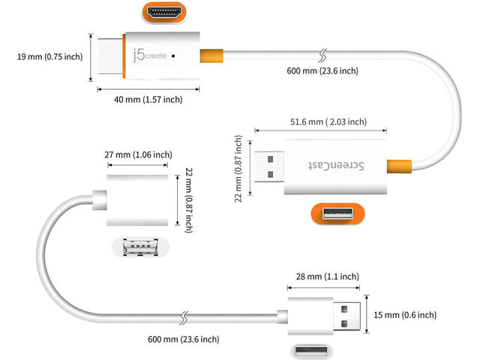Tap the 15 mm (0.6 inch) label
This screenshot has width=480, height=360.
404,315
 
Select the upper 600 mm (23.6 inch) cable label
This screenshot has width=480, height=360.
323,71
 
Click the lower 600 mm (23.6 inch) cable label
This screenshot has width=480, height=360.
184,339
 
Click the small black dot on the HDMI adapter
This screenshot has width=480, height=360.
174,55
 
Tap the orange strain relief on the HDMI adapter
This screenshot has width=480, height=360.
212,55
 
